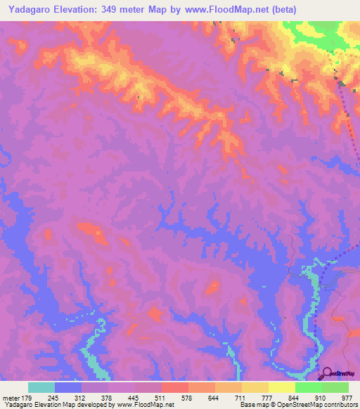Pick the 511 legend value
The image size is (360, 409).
click(161, 397)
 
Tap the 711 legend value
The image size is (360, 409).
click(241, 397)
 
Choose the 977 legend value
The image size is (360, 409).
click(347, 397)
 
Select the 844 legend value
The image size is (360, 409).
click(295, 397)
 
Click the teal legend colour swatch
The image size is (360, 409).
click(41, 387)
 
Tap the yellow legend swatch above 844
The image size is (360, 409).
click(281, 387)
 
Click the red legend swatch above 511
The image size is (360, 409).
click(174, 387)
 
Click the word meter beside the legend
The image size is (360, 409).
click(11, 397)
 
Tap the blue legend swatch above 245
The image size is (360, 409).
click(68, 387)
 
